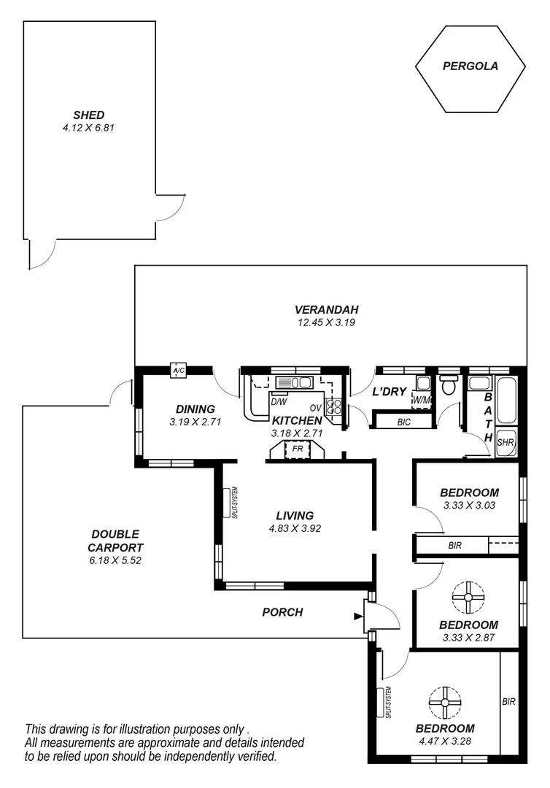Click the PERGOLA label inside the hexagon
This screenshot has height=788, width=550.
coord(470,66)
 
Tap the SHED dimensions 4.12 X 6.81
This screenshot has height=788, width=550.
coord(89,127)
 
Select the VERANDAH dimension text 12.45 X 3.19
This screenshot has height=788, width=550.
coord(326,322)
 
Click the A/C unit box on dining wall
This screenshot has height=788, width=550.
coord(177,371)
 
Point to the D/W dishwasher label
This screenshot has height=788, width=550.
coord(278,401)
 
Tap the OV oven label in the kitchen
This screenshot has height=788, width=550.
coord(316,407)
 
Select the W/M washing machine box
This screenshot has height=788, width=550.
coord(421,400)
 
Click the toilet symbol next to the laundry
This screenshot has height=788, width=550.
coord(448,384)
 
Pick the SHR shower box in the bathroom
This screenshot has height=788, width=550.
coord(506,442)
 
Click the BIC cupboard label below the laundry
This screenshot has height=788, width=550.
coord(403,422)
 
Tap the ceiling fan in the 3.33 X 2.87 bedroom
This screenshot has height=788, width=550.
coord(468,597)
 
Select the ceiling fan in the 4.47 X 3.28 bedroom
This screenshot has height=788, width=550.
coord(444,702)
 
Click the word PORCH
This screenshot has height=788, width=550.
coord(282,612)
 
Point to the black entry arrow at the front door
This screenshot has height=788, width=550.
coord(358,617)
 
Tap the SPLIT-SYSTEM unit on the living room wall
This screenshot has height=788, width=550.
coord(226,502)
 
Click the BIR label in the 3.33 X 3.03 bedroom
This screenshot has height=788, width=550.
coord(455,545)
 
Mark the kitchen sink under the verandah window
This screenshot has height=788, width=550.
coord(295,383)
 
